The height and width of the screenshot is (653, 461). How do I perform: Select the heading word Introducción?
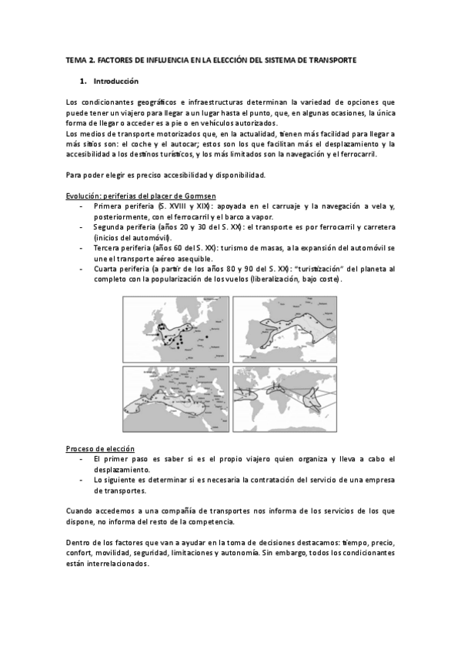click(x=116, y=81)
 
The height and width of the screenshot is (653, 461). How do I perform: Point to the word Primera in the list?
click(x=109, y=207)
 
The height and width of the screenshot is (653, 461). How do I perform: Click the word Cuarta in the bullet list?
click(x=108, y=269)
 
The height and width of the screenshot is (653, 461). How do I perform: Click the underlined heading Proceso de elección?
click(x=100, y=448)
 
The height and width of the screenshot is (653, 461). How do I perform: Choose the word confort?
click(x=81, y=553)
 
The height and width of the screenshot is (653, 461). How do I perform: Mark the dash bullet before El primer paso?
click(x=82, y=459)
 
